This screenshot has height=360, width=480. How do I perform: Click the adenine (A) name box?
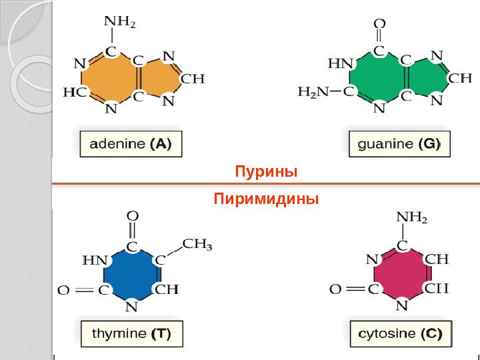[x=130, y=144]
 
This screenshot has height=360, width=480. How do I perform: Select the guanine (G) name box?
[x=399, y=144]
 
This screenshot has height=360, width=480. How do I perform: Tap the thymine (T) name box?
[x=131, y=333]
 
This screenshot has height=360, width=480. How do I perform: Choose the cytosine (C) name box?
[x=400, y=333]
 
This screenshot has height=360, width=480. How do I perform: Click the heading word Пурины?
[x=265, y=172]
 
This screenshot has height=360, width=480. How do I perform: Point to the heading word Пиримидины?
[x=266, y=199]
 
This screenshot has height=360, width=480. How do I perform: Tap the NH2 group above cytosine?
[x=411, y=217]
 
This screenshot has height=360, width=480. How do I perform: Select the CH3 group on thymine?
[x=197, y=245]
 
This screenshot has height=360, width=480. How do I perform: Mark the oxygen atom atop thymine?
[x=132, y=217]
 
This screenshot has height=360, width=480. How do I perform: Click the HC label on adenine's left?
[x=75, y=93]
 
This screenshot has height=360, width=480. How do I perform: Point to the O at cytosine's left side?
[x=335, y=289]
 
